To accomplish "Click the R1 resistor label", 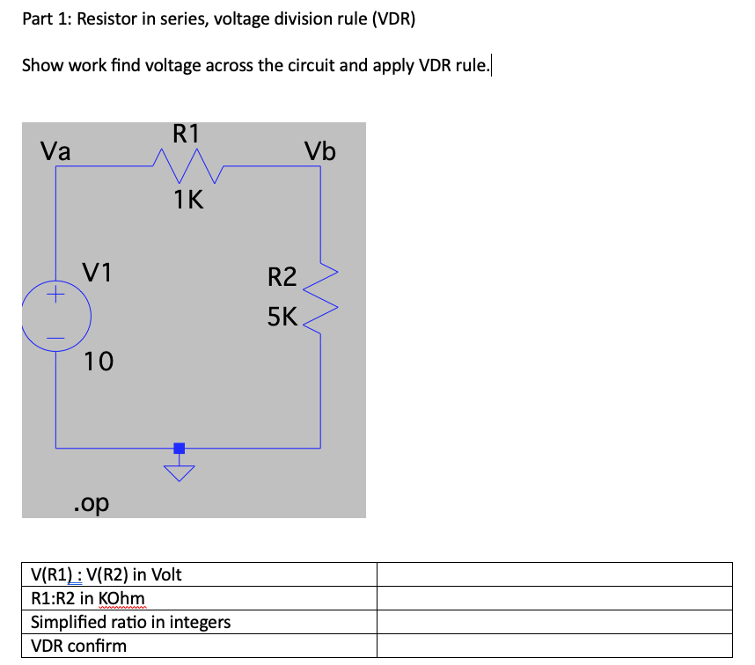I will (x=187, y=134).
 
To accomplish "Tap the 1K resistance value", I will (x=188, y=201).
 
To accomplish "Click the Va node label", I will (x=56, y=150).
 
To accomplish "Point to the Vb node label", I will (x=320, y=151).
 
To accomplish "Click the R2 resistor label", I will (x=282, y=278).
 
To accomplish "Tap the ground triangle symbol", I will (x=180, y=474).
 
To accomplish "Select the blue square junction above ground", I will (x=180, y=448).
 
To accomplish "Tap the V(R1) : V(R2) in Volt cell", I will (x=106, y=574).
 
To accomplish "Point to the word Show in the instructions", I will (x=42, y=65).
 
